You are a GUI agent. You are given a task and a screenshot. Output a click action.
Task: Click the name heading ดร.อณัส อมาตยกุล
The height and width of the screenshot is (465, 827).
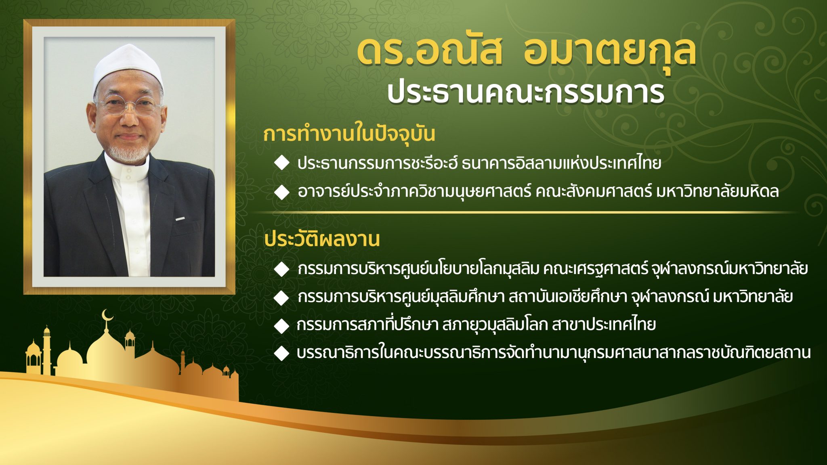(x=527, y=52)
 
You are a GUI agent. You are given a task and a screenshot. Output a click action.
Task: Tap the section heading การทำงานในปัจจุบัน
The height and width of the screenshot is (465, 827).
(x=349, y=134)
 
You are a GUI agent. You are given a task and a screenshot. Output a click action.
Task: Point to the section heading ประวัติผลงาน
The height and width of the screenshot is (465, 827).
(x=322, y=239)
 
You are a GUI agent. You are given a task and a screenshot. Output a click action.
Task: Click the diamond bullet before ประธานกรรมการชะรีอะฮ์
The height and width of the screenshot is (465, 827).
(x=281, y=163)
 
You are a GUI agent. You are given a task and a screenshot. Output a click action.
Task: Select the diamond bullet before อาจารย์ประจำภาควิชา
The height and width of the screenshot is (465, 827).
(x=281, y=192)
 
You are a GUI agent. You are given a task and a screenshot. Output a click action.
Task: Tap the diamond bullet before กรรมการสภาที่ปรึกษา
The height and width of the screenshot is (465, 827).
(x=281, y=325)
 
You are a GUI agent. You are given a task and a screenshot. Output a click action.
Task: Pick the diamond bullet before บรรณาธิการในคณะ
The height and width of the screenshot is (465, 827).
(x=281, y=353)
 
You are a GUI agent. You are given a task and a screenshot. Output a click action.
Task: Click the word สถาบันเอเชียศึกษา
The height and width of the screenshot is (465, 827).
(x=568, y=297)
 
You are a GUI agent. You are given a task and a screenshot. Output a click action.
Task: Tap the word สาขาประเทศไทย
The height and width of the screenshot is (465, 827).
(x=604, y=325)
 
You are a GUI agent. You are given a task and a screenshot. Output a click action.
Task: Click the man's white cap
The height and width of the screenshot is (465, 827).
(x=128, y=67)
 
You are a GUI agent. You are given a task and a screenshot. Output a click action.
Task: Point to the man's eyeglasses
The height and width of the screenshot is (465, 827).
(x=128, y=106)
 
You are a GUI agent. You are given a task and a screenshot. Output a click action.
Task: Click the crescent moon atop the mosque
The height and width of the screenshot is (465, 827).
(x=107, y=315)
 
